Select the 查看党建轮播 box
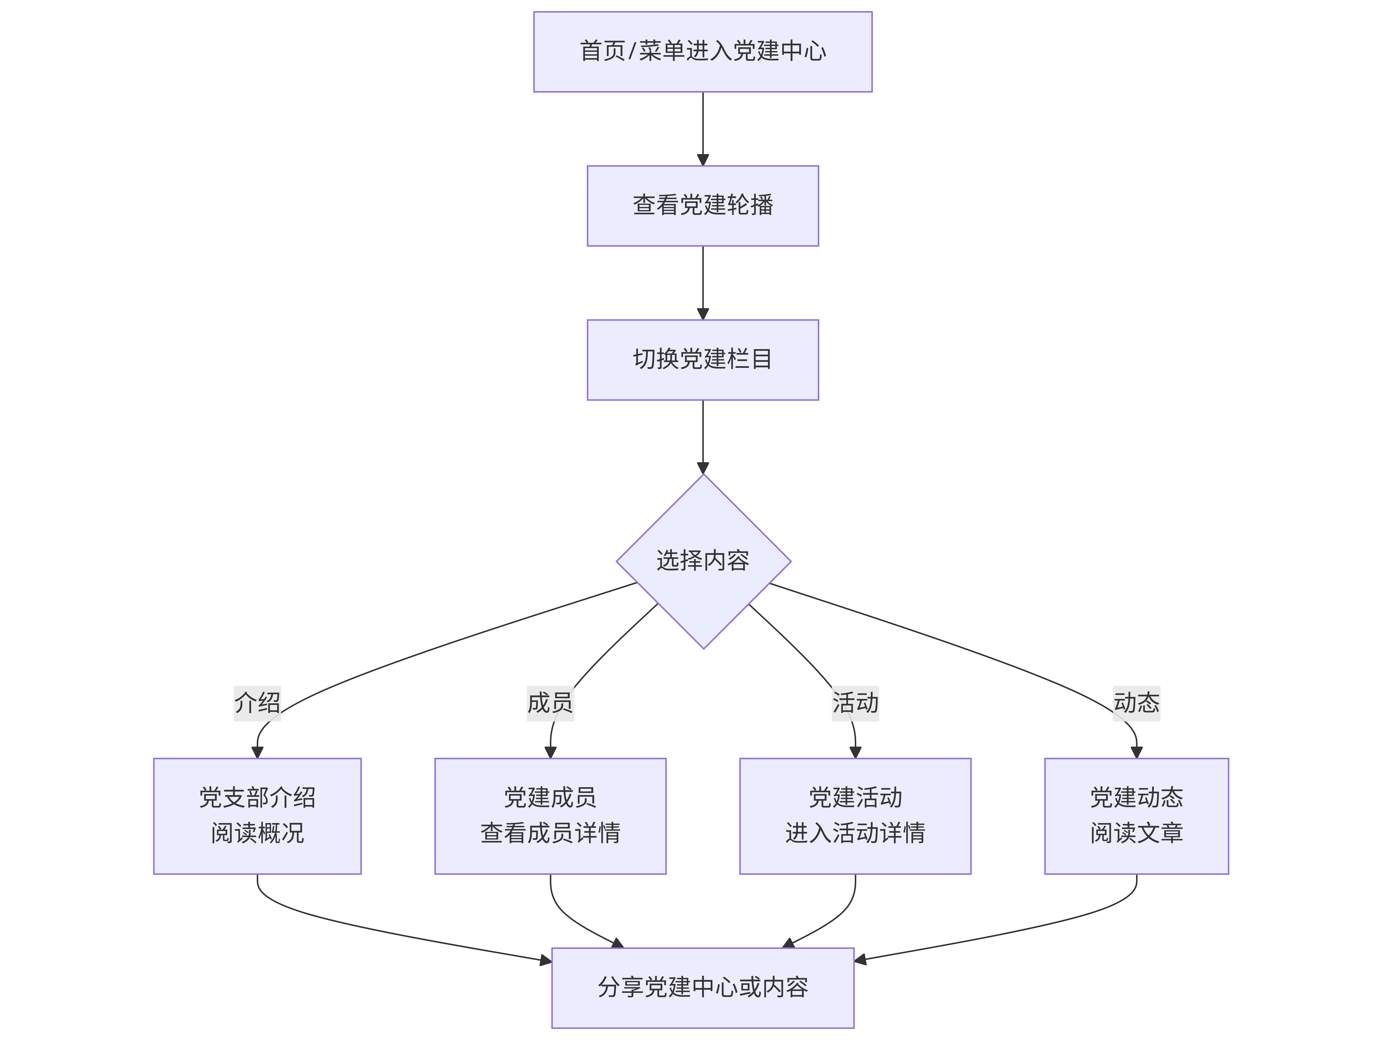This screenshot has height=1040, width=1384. click(703, 206)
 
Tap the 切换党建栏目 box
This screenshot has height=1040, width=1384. click(703, 360)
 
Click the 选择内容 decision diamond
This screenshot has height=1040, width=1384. click(703, 561)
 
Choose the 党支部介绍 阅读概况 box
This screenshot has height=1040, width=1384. click(257, 816)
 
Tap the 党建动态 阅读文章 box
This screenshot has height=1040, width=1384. click(1136, 816)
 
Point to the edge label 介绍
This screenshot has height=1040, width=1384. click(257, 703)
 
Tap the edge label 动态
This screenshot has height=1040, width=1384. click(1136, 703)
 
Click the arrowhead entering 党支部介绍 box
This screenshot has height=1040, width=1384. click(257, 752)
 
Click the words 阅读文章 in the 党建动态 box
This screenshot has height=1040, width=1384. click(1136, 833)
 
